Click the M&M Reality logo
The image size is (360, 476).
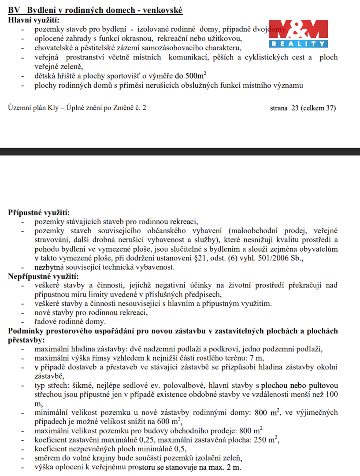click(x=298, y=33)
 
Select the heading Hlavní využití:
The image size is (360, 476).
click(x=33, y=20)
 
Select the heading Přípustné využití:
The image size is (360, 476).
click(x=39, y=212)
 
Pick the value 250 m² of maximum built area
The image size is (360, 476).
click(x=266, y=439)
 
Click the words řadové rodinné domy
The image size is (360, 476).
click(x=70, y=322)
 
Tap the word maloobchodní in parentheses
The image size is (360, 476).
click(x=256, y=231)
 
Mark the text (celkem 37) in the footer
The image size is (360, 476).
click(x=318, y=108)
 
